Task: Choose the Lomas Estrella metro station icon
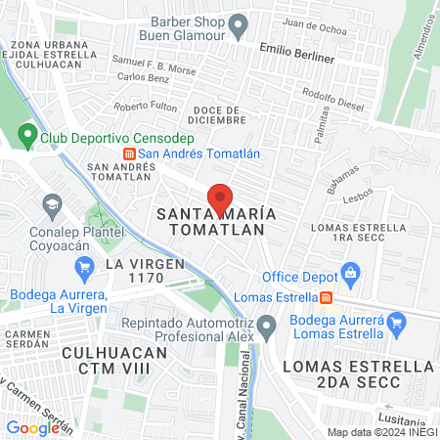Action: (327, 297)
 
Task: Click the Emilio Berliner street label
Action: (298, 52)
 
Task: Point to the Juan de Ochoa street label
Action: (313, 27)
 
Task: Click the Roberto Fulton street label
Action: (145, 106)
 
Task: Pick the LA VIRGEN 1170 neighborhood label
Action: (142, 271)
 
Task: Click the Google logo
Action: (31, 427)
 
